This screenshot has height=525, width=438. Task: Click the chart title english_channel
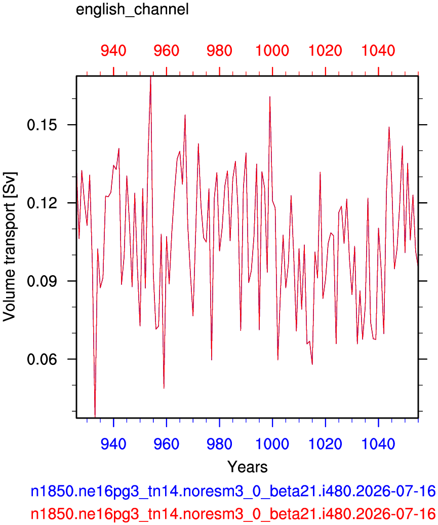tap(132, 10)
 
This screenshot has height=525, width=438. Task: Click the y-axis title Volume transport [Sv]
tap(9, 247)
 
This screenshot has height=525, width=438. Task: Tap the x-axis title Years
tap(247, 467)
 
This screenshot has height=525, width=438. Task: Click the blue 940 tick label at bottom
tap(113, 444)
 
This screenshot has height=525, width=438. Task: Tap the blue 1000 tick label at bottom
tap(272, 444)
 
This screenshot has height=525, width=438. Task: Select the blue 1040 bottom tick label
tap(378, 444)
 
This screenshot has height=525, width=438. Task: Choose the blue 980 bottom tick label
tap(219, 444)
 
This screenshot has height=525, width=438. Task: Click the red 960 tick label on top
tap(167, 51)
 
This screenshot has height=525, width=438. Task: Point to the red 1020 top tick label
tap(325, 51)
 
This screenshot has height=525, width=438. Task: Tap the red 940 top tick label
tap(113, 51)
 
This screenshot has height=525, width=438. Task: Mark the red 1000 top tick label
tap(272, 51)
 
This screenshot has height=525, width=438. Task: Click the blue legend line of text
tap(233, 491)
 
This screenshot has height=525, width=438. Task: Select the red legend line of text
tap(233, 513)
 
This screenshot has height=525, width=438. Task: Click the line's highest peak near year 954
tap(150, 78)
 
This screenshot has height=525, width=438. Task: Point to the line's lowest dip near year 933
tap(95, 417)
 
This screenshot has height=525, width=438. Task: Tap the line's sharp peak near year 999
tap(270, 97)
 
